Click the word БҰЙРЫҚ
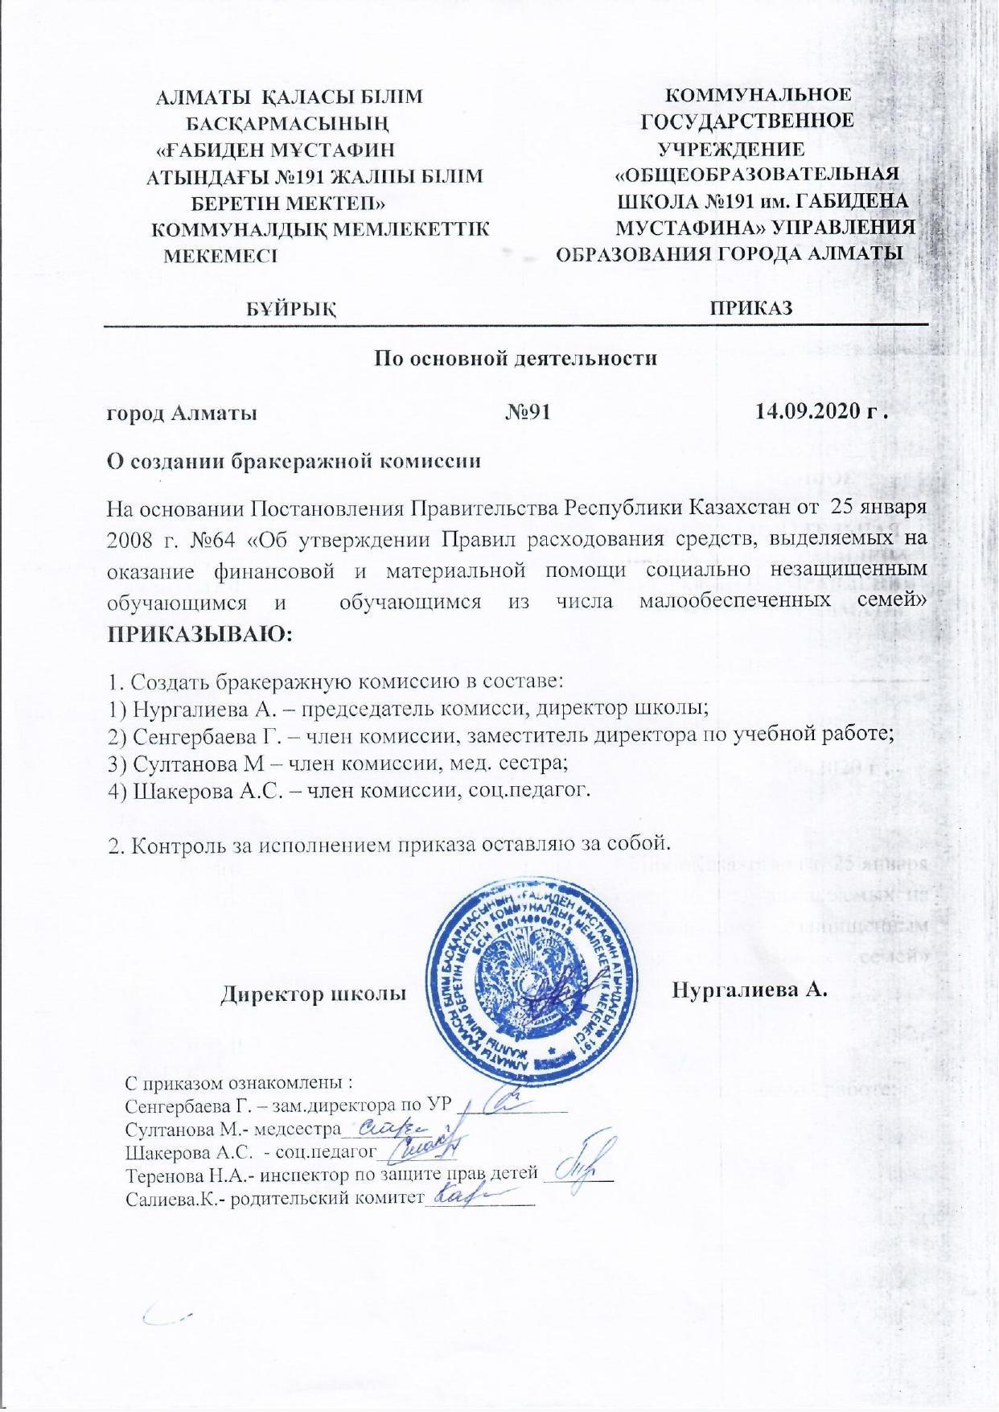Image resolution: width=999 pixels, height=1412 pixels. pyautogui.click(x=291, y=308)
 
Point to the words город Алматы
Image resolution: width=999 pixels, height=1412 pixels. pyautogui.click(x=183, y=414)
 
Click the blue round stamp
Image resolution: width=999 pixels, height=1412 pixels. pyautogui.click(x=532, y=968)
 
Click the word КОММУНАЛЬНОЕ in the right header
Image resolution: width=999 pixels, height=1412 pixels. pyautogui.click(x=758, y=95)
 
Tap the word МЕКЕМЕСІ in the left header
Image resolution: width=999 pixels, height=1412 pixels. pyautogui.click(x=220, y=257)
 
